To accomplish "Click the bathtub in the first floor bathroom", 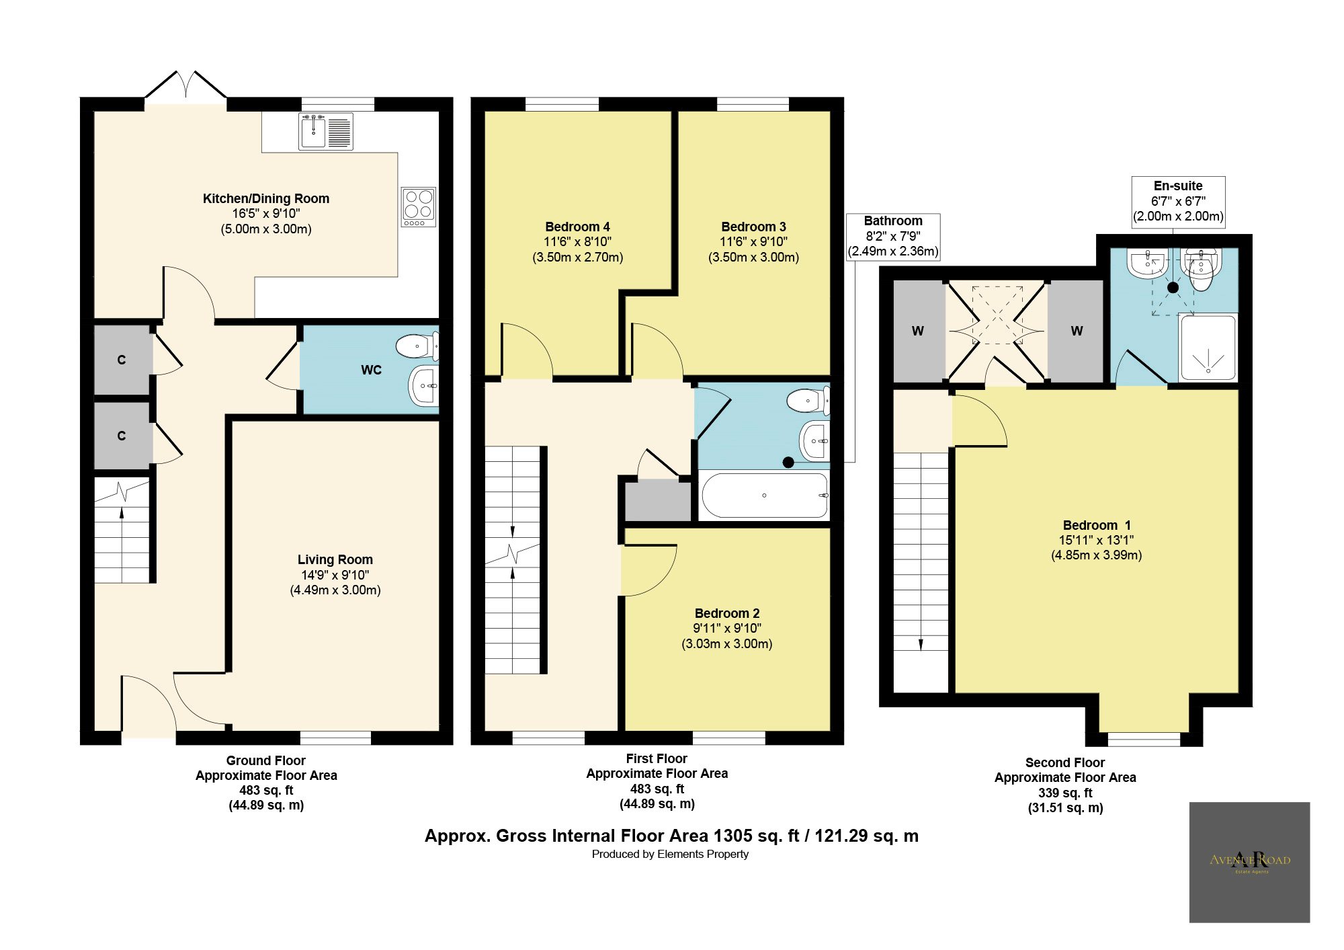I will pos(764,496).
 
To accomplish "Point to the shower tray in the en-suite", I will pos(1208,348).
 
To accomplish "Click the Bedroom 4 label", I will pos(577,227).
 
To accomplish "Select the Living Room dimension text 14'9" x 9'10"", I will pos(335,575).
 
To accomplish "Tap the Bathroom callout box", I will pos(892,237).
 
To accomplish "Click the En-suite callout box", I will pos(1178,202).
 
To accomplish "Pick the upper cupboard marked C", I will pos(122,360).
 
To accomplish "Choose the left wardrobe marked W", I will pos(918,331).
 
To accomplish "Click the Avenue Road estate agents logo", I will pos(1249,862).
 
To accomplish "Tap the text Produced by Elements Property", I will pos(670,855).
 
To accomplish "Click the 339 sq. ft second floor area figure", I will pos(1065,793).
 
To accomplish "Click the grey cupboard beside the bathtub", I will pos(657,500).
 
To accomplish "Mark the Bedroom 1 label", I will pos(1096,525).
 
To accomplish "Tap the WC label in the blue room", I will pos(371,370).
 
